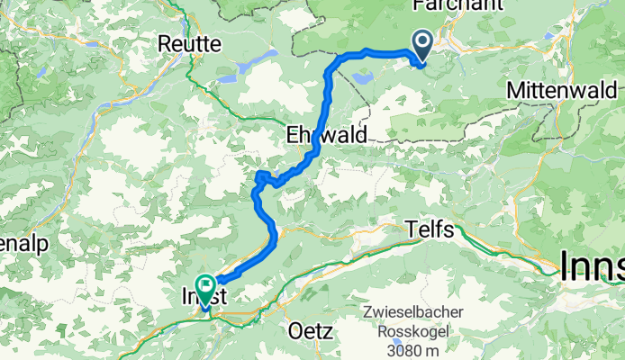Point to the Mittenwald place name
tap(562, 91)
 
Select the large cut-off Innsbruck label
tap(592, 266)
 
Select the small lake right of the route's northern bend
tap(365, 78)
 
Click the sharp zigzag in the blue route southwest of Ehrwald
tap(262, 177)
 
